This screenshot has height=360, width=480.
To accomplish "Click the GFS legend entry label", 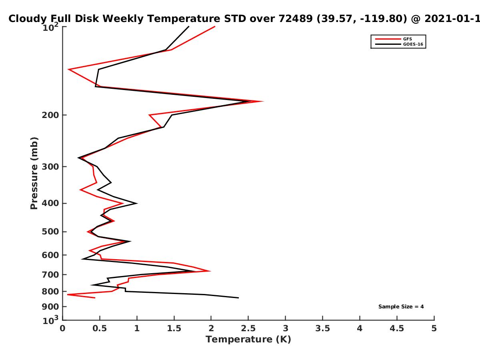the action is point(407,39).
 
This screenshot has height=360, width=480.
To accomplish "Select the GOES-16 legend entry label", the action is point(413,44).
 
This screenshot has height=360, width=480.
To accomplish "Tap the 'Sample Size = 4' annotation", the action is point(401,306).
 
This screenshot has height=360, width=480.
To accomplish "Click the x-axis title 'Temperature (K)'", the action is point(248,339).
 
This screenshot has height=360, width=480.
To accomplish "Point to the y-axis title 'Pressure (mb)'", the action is point(34,173).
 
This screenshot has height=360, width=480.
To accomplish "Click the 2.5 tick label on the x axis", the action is point(248,328).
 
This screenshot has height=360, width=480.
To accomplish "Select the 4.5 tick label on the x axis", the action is point(397,328).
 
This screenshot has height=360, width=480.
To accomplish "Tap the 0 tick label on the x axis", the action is point(62,328).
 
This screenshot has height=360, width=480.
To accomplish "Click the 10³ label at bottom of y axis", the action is point(51,320).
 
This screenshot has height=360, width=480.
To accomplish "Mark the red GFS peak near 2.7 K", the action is point(263,101).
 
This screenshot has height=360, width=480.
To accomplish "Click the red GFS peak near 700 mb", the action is point(210,271).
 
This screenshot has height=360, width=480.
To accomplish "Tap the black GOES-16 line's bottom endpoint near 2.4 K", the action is point(238,298).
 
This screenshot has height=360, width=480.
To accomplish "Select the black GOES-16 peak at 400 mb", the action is point(137,203).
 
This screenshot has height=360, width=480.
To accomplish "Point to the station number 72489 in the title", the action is point(296,18).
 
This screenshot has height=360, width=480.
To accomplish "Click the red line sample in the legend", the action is point(388,39).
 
